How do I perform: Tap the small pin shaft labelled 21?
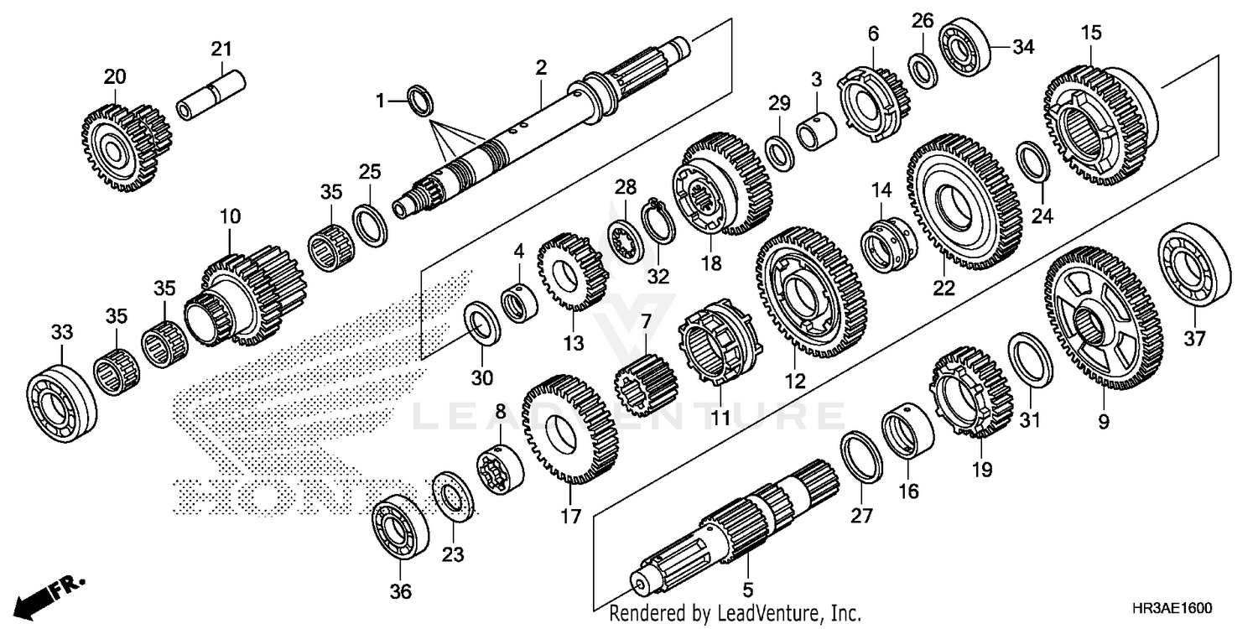(x=214, y=96)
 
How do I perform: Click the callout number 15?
(x=1091, y=34)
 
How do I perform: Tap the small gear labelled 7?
(x=645, y=385)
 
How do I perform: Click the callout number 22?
(x=944, y=288)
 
